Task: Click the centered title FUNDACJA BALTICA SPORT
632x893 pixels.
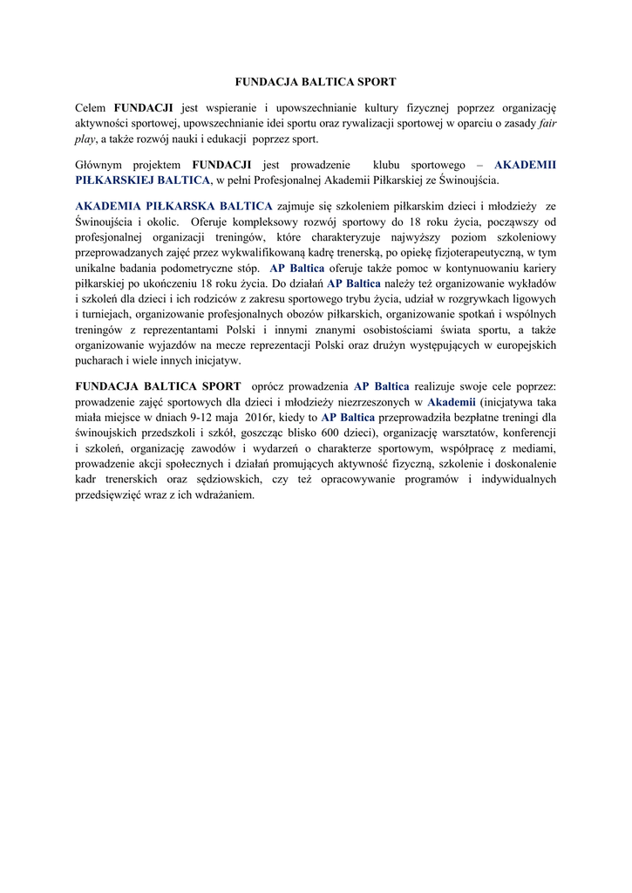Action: [x=316, y=81]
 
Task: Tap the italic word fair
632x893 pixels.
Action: [x=547, y=124]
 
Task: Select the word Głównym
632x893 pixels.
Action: [x=99, y=164]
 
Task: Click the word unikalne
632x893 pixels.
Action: [x=98, y=268]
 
